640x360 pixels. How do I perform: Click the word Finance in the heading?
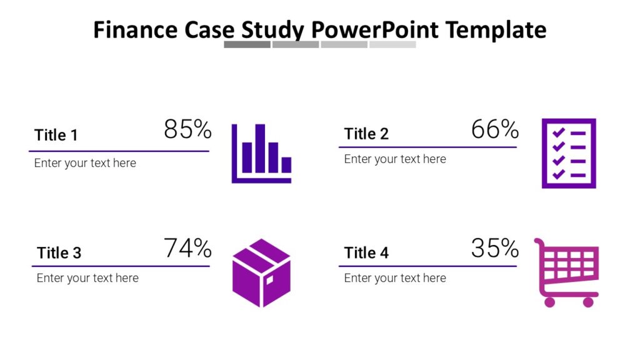click(136, 30)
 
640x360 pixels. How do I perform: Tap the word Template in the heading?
click(496, 30)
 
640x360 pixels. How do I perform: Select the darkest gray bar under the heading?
click(247, 44)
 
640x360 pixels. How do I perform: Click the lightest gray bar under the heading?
click(392, 44)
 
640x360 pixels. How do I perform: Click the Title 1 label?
click(56, 135)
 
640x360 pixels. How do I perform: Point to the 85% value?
click(187, 129)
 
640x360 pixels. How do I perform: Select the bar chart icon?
click(262, 154)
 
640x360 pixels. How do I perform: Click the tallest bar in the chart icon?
click(260, 148)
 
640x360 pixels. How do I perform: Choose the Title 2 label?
click(366, 134)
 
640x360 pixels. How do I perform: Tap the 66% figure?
click(495, 129)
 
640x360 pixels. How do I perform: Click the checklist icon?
click(569, 154)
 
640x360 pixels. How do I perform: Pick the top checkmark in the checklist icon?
click(558, 132)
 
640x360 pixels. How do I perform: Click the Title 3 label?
click(59, 252)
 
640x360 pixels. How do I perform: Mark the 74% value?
click(187, 247)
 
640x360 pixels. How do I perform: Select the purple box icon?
click(262, 273)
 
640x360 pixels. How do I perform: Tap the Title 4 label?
click(366, 252)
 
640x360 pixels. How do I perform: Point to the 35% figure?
click(495, 247)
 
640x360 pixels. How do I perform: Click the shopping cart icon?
click(566, 272)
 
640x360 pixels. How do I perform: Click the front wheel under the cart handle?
click(550, 302)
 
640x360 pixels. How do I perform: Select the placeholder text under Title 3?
click(87, 278)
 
